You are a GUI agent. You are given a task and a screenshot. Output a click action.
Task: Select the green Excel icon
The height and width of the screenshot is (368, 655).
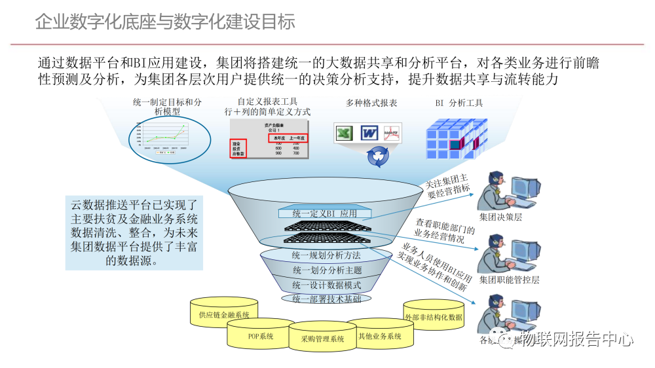(x=345, y=134)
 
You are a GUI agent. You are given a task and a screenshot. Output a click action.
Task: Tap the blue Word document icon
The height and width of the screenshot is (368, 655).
(x=369, y=134)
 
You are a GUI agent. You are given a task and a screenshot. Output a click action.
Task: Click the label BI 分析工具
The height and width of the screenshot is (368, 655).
(x=459, y=103)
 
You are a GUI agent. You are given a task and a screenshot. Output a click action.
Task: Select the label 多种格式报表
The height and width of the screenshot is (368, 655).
(x=371, y=103)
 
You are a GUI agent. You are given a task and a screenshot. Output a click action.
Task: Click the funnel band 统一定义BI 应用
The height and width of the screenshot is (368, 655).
(x=325, y=213)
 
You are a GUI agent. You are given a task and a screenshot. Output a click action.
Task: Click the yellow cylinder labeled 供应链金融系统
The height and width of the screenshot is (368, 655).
(x=224, y=315)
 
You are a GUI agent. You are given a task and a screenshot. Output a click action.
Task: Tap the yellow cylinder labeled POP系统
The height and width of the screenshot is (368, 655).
(x=260, y=337)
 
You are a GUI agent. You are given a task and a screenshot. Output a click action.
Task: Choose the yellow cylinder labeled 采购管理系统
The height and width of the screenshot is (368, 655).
(x=322, y=339)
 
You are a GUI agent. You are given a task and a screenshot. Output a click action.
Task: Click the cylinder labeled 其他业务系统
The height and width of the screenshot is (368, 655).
(x=380, y=335)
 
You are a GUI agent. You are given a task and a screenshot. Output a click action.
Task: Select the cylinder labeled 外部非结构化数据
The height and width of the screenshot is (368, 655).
(x=433, y=317)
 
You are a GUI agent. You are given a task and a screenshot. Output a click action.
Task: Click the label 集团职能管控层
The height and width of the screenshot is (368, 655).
(x=509, y=280)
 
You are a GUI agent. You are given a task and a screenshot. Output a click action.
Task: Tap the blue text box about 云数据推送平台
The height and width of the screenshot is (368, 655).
(x=134, y=232)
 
